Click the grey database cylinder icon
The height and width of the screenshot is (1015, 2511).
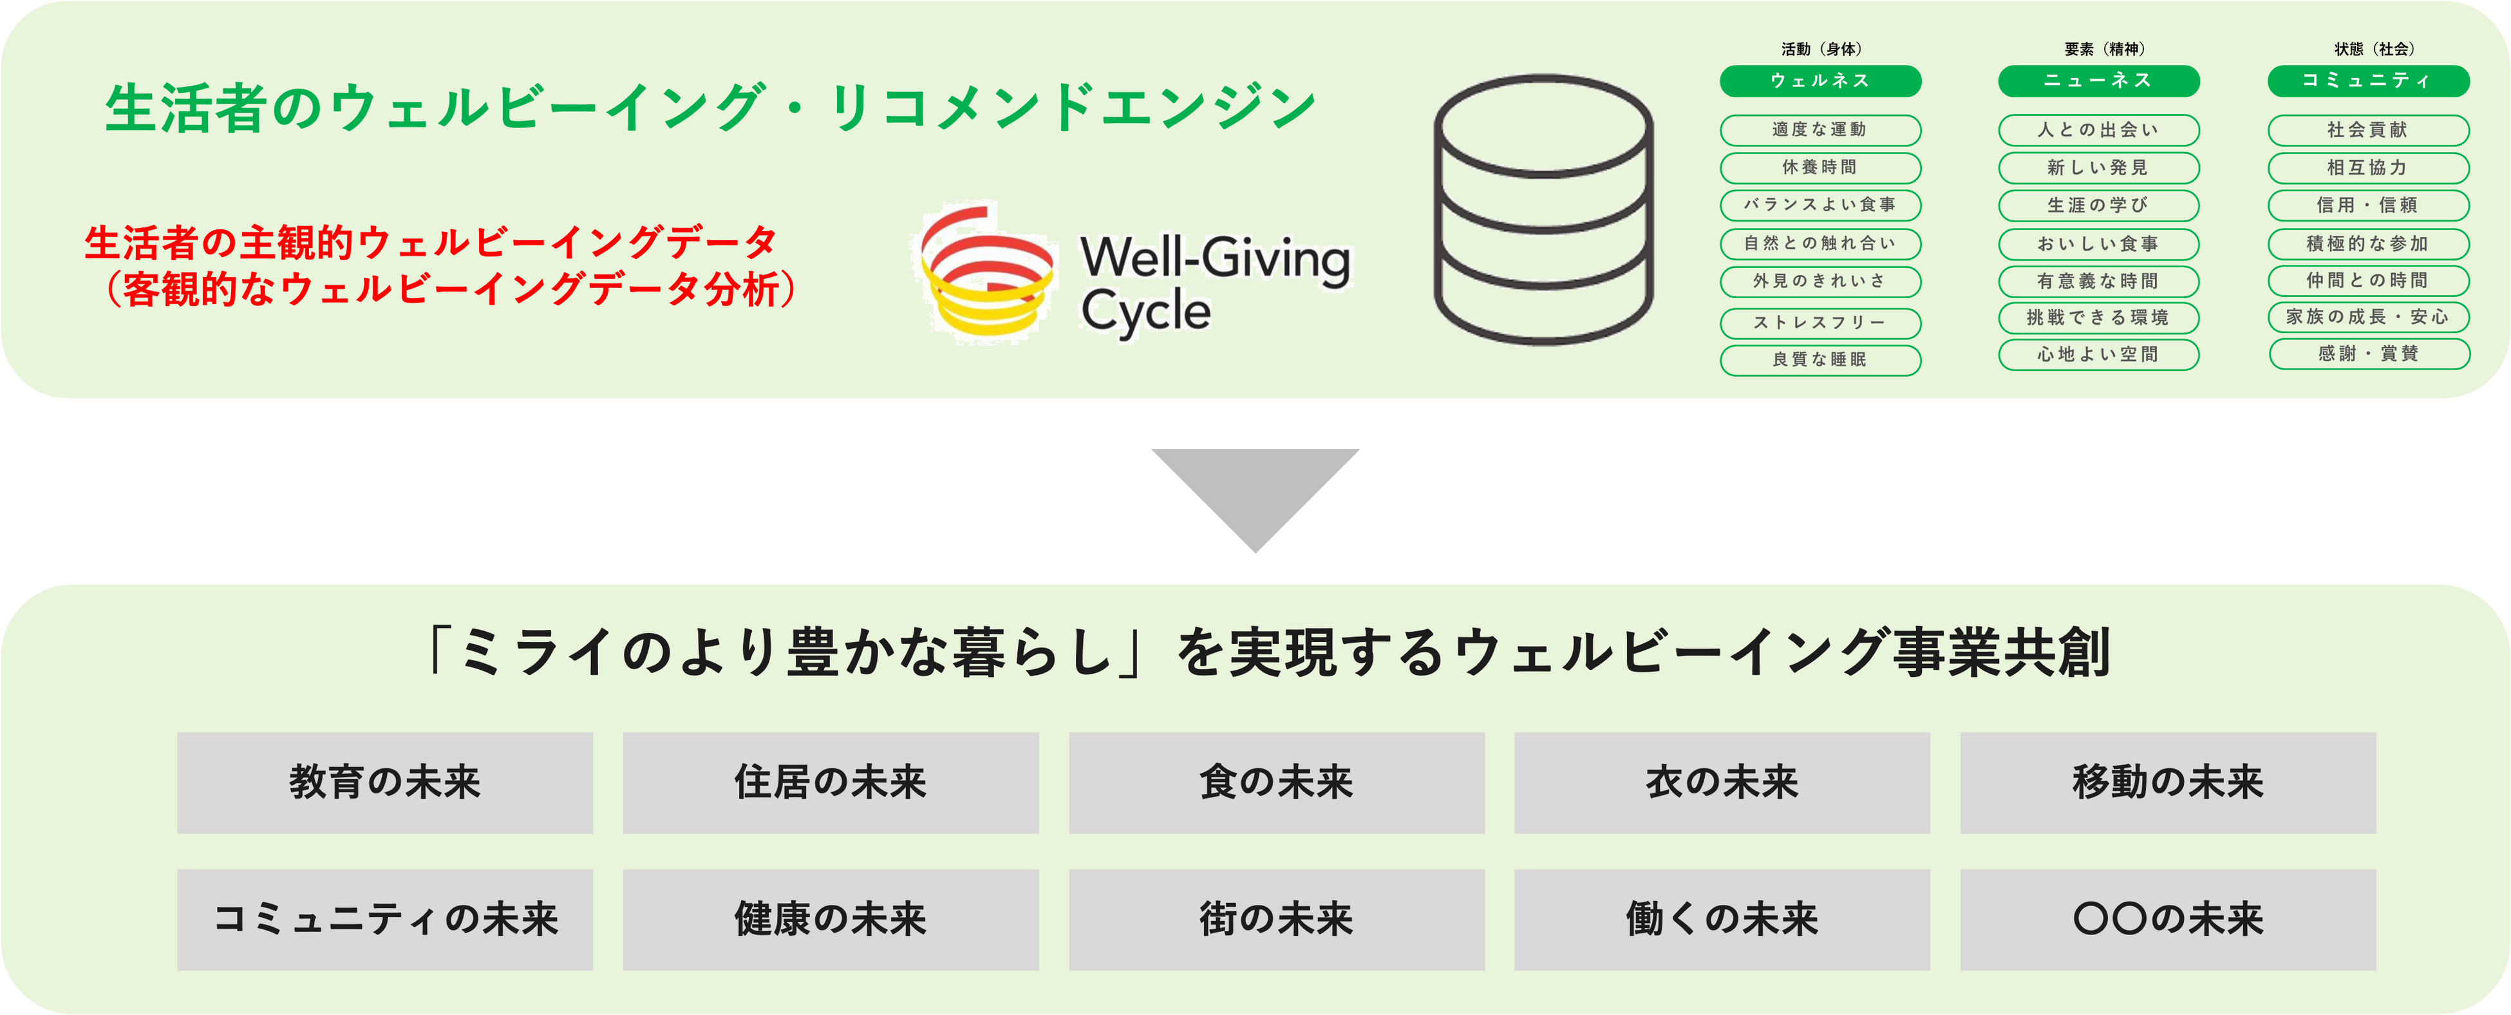tap(1543, 209)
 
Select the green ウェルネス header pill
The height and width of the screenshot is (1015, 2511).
tap(1820, 81)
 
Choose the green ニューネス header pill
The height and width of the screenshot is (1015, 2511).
tap(2099, 81)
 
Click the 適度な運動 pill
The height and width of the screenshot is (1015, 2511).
tap(1820, 129)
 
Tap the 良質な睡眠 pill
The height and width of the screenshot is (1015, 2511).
tap(1820, 360)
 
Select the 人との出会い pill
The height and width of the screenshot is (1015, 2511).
tap(2099, 129)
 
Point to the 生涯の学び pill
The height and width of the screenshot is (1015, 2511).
tap(2099, 205)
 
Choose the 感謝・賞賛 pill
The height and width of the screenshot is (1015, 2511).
tap(2369, 354)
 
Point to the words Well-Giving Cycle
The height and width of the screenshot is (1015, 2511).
tap(1214, 285)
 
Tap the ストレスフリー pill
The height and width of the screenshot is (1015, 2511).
tap(1820, 323)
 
